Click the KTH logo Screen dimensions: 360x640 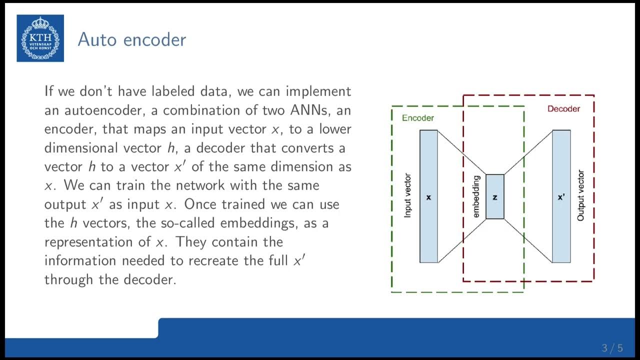pyautogui.click(x=40, y=38)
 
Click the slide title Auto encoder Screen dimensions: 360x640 pyautogui.click(x=132, y=39)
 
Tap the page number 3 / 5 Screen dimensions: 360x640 pyautogui.click(x=612, y=348)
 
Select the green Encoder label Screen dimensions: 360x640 pyautogui.click(x=418, y=118)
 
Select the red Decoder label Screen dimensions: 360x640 pyautogui.click(x=563, y=108)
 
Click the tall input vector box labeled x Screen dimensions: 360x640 pyautogui.click(x=428, y=196)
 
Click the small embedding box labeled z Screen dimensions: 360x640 pyautogui.click(x=495, y=196)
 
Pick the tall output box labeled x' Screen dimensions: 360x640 pyautogui.click(x=561, y=196)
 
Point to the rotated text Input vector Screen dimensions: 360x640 pyautogui.click(x=407, y=196)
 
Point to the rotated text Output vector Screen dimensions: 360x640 pyautogui.click(x=580, y=196)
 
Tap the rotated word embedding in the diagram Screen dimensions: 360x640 pyautogui.click(x=476, y=196)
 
